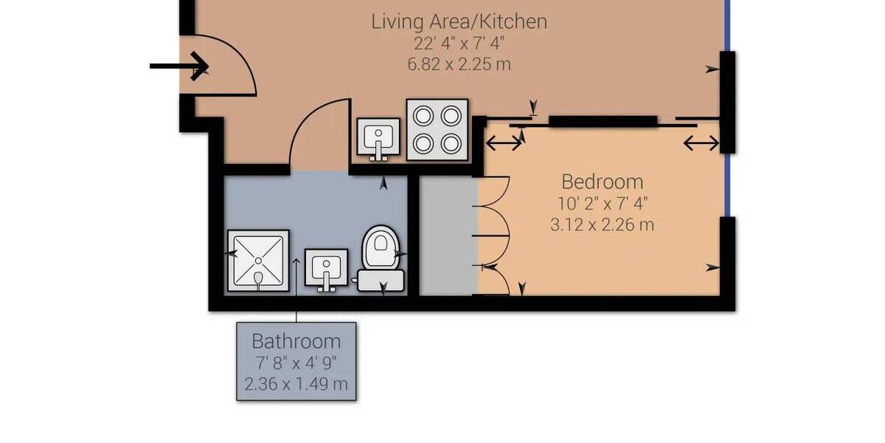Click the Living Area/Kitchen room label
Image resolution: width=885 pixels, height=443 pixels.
[459, 21]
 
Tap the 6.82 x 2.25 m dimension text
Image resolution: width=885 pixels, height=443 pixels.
[459, 63]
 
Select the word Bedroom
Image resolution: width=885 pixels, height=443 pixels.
[602, 182]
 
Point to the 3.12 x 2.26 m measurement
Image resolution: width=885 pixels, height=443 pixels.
[602, 224]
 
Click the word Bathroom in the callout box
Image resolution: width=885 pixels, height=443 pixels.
[296, 341]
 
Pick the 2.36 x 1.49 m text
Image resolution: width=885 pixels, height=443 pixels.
[296, 384]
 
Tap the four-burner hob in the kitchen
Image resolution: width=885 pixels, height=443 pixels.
[438, 129]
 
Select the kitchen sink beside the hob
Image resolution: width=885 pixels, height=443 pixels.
[379, 139]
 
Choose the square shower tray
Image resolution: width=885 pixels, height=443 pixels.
[257, 261]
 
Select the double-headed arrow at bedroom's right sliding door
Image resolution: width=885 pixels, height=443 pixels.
[701, 142]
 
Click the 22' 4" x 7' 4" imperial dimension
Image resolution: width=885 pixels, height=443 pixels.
[459, 43]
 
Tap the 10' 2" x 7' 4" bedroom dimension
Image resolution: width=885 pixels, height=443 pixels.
[602, 203]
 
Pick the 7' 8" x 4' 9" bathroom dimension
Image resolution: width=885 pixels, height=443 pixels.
[296, 363]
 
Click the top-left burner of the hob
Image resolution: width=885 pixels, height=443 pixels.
[423, 116]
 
